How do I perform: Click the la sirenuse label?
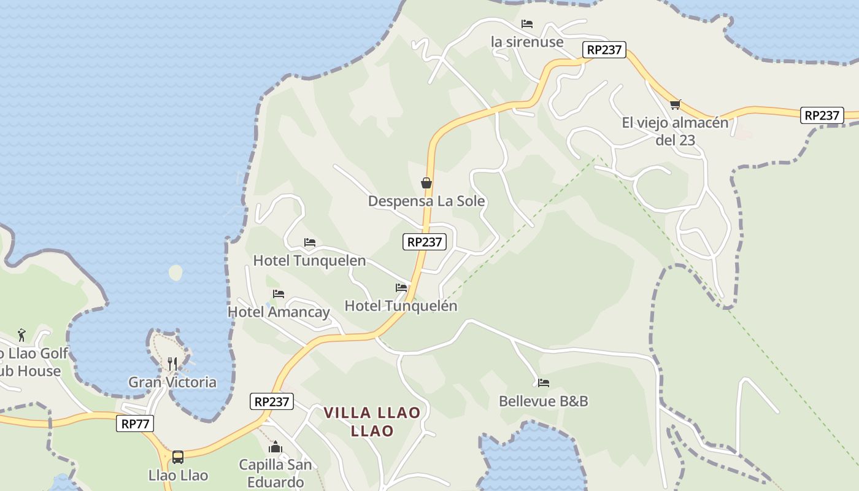527,42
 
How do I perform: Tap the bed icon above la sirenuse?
527,25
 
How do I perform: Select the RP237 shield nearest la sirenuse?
604,50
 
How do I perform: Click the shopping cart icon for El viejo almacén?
676,104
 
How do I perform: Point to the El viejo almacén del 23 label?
675,131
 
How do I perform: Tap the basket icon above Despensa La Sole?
426,183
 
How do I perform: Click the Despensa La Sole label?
426,201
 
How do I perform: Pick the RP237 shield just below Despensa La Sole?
425,242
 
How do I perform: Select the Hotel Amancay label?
279,312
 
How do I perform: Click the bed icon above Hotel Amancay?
279,294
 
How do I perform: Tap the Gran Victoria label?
172,382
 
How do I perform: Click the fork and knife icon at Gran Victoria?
172,364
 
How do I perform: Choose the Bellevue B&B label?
544,401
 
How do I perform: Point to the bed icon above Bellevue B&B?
544,383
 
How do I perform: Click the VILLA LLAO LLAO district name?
372,422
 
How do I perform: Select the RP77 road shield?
135,423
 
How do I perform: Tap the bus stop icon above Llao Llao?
178,457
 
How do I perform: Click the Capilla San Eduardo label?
275,473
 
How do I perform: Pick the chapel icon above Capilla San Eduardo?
275,447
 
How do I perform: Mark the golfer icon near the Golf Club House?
22,335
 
